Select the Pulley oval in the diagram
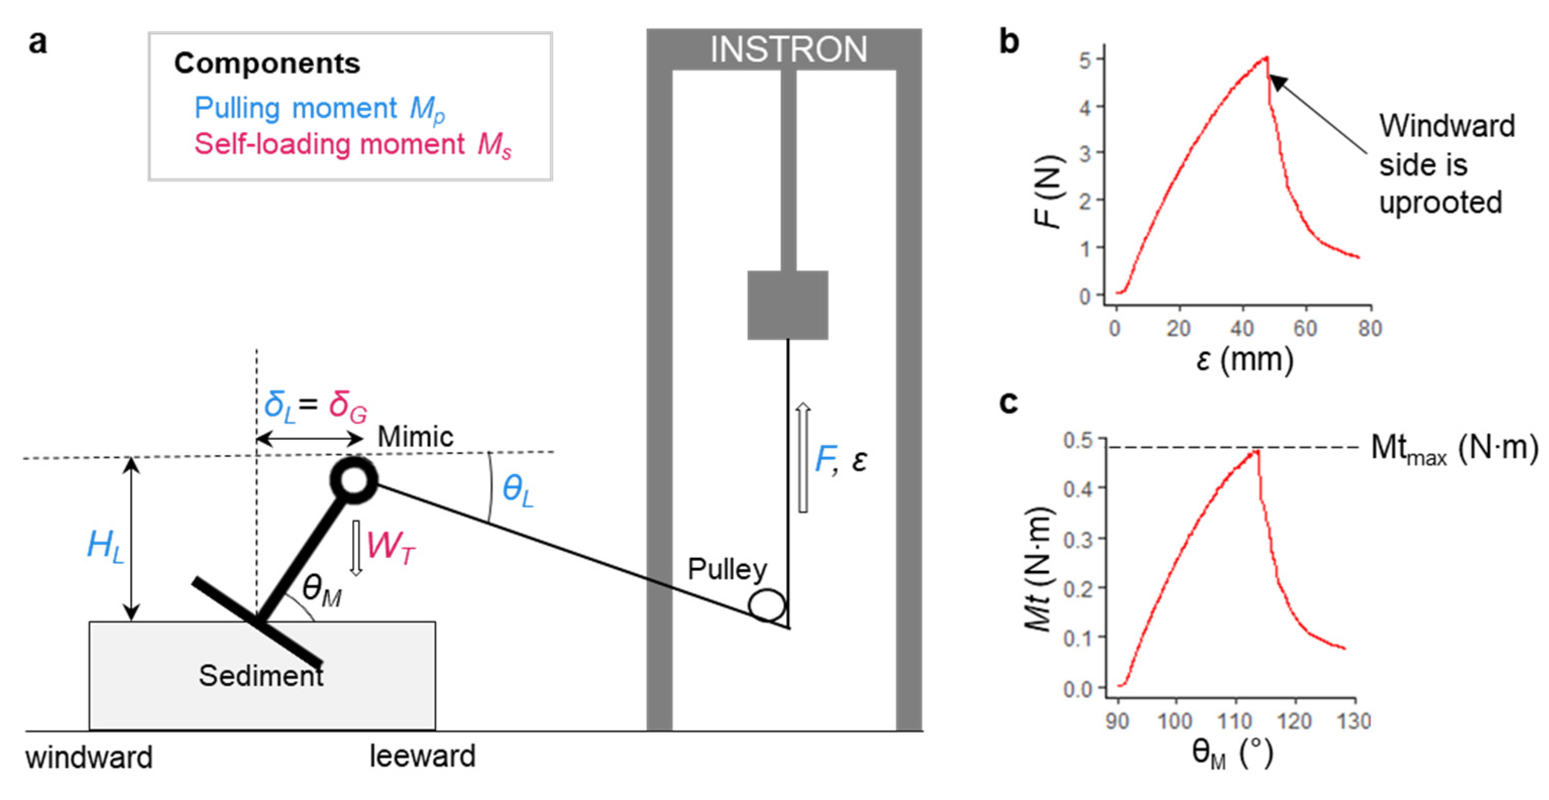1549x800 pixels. point(767,605)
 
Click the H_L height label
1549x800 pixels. point(105,546)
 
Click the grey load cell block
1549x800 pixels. point(788,305)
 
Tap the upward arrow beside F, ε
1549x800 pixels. point(803,458)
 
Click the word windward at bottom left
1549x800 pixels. point(89,757)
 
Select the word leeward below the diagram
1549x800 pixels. point(422,756)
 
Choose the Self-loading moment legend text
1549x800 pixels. point(352,145)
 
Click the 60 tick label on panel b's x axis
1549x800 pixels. point(1305,329)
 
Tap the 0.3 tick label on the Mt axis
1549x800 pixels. point(1079,539)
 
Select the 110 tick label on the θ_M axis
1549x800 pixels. point(1235,721)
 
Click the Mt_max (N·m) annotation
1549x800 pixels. point(1454,449)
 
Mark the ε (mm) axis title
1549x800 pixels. point(1244,360)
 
